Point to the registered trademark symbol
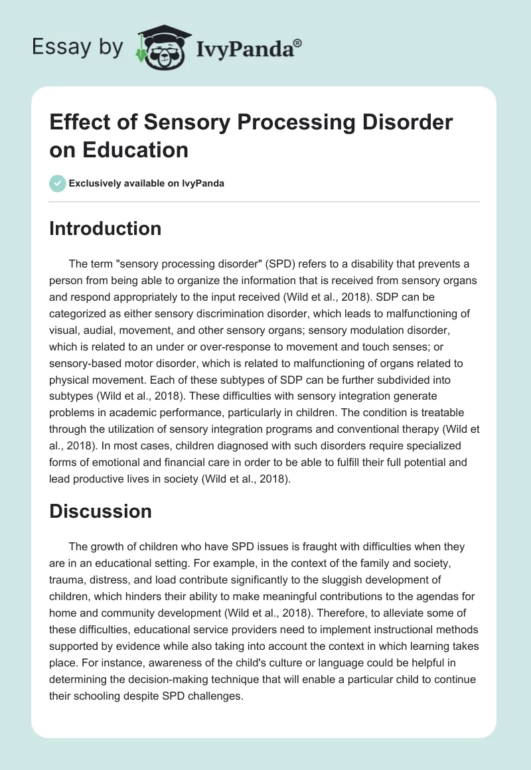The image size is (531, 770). click(x=297, y=42)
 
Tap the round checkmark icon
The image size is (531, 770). click(x=58, y=183)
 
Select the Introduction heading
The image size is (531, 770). click(x=106, y=228)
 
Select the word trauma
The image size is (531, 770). click(x=67, y=579)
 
